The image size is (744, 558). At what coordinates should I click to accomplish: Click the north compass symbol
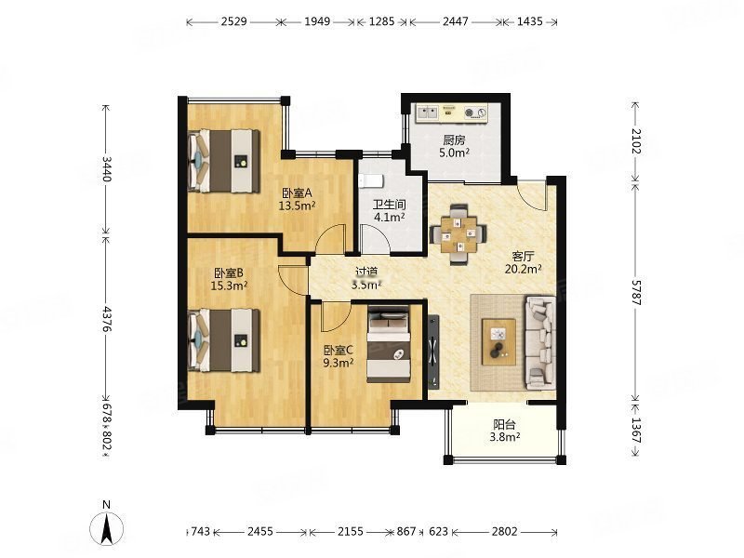coord(107,526)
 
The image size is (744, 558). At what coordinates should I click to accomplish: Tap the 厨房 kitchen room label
coord(454,140)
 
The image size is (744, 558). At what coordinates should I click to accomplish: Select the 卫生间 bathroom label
coord(389,205)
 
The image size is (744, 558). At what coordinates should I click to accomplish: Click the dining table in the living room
coord(458,233)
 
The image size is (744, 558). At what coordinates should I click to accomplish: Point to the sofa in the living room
coord(541,342)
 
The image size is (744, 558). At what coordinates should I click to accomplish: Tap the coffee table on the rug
coord(498,341)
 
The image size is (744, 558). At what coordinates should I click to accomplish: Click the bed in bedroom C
coord(389,343)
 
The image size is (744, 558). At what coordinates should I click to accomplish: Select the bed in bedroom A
coord(224,161)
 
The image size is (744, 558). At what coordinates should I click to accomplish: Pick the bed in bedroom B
coord(224,340)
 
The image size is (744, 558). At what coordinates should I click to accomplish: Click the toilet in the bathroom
coord(371,180)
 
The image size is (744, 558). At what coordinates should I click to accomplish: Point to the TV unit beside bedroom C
coord(433,352)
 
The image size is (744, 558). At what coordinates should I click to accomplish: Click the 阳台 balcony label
coord(504,424)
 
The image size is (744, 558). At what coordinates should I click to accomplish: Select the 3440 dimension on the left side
coord(106,169)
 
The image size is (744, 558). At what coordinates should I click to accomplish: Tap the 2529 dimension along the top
coord(234,21)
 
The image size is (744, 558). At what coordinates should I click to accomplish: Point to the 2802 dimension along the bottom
coord(504,531)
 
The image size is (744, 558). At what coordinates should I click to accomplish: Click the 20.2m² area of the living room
coord(524,270)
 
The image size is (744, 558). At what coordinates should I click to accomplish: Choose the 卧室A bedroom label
coord(296,193)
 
